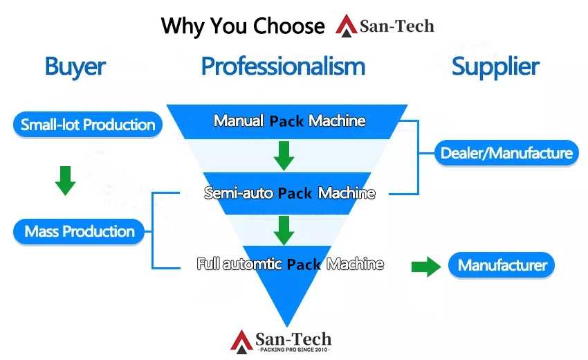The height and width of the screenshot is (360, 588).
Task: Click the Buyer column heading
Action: coord(75,67)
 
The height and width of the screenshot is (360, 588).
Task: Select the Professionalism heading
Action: coord(283,66)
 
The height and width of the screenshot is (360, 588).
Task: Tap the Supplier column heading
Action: coord(495,67)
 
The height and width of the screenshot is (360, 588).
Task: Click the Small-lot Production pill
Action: coord(88,125)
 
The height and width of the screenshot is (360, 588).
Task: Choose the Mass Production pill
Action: coord(79,231)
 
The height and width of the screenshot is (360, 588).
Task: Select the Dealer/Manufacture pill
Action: coord(506,153)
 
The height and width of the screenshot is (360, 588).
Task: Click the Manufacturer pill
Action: coord(502,265)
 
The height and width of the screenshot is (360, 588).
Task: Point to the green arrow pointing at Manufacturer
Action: coord(426,267)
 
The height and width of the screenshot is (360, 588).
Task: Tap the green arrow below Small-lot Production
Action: coord(65,181)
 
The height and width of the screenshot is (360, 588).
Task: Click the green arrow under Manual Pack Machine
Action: coord(284,156)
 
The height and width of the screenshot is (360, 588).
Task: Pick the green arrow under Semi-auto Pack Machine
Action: coord(284,231)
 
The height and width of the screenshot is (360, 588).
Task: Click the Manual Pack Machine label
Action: coord(289,121)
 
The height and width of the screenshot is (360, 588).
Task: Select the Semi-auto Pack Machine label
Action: coord(289,193)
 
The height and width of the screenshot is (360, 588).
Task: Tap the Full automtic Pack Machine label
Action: coord(291,264)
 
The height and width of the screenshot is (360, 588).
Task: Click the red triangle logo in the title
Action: coord(346,26)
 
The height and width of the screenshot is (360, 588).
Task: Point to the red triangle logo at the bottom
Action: coord(241,342)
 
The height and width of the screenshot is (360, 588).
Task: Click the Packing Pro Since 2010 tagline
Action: coord(294,350)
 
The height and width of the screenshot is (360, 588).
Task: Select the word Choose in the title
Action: coord(288,26)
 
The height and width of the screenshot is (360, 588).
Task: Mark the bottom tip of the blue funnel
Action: coord(287,327)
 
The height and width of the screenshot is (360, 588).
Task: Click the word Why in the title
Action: coord(183,26)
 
